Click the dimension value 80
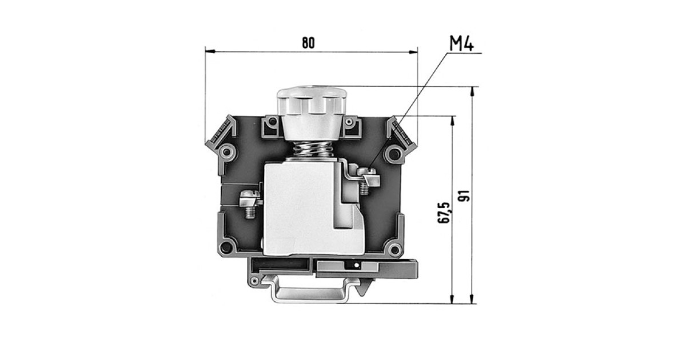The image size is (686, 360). point(308,43)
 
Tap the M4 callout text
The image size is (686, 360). point(461,43)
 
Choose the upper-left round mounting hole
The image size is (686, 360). point(228,153)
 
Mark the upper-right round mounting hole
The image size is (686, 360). point(393,153)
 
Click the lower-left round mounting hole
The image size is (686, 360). point(227,247)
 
